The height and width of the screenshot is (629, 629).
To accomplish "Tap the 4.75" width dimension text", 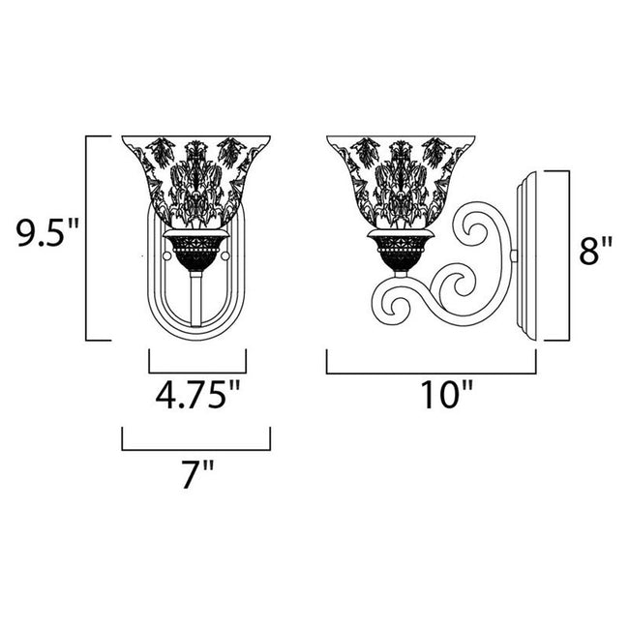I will point(196,395).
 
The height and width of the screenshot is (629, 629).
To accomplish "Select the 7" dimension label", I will point(196,476).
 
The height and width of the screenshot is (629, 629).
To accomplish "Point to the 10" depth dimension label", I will point(431,395).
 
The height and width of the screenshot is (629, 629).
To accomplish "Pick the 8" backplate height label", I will point(596,254).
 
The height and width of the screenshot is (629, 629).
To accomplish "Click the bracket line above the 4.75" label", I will point(197,372).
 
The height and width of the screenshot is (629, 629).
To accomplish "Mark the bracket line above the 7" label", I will point(195,449).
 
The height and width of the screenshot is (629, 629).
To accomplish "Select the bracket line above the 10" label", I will point(432,372).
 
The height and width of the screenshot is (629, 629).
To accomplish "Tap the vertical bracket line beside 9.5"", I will point(88,238).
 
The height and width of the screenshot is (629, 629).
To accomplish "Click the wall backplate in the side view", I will point(526,256).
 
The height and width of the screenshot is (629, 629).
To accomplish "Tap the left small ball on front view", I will point(167,257).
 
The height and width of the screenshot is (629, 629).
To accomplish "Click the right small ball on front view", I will point(226,257).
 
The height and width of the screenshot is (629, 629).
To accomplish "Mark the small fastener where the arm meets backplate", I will point(514,256).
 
